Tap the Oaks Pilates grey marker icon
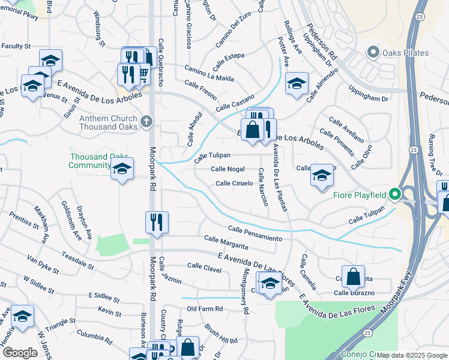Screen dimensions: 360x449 [374, 53]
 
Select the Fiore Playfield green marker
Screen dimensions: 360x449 [394, 194]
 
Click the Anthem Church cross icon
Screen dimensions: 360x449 [146, 123]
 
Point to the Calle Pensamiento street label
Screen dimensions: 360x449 [255, 234]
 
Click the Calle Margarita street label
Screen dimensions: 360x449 [226, 242]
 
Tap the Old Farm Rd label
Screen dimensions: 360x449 [205, 309]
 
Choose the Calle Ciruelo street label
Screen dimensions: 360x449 [234, 184]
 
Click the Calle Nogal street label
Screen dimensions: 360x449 [228, 169]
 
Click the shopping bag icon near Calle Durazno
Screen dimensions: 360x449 [353, 277]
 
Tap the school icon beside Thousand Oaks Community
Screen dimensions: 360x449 [122, 170]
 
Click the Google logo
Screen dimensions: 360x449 [20, 353]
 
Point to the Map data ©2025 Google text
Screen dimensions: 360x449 [412, 356]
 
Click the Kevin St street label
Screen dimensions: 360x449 [110, 312]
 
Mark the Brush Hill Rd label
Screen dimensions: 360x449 [220, 336]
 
